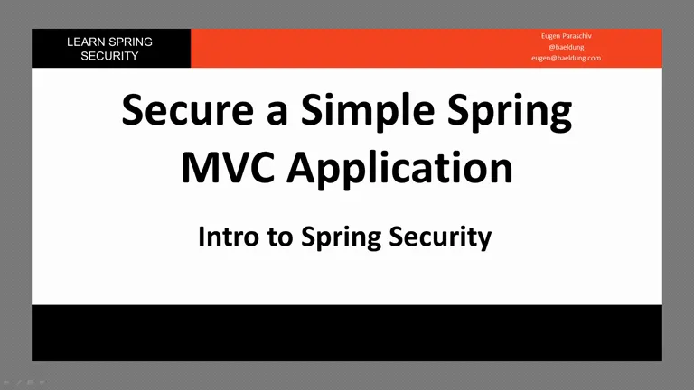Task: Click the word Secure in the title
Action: tap(188, 110)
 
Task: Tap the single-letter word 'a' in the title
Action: tap(277, 114)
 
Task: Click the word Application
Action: tap(399, 170)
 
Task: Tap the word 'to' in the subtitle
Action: tap(280, 238)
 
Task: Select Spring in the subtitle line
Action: tap(342, 238)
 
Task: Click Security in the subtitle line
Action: tap(440, 238)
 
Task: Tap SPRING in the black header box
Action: tap(130, 42)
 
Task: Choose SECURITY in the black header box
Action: tap(109, 56)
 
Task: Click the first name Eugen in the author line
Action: tap(551, 36)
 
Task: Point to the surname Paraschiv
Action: tap(577, 36)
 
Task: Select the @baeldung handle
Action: tap(567, 47)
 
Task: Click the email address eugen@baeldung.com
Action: tap(567, 58)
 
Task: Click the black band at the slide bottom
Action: tap(347, 332)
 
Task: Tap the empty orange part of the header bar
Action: tap(354, 48)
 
